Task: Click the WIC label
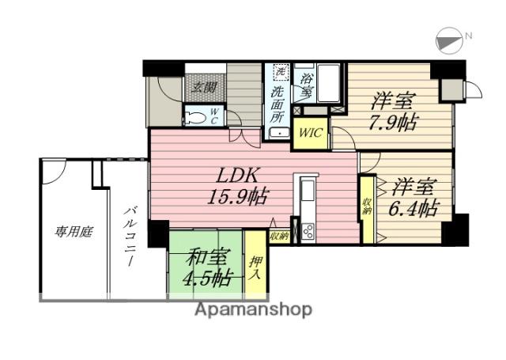310,132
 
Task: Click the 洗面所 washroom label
278,102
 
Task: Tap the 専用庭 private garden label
74,232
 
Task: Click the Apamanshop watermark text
253,309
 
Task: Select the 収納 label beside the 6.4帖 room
368,207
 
